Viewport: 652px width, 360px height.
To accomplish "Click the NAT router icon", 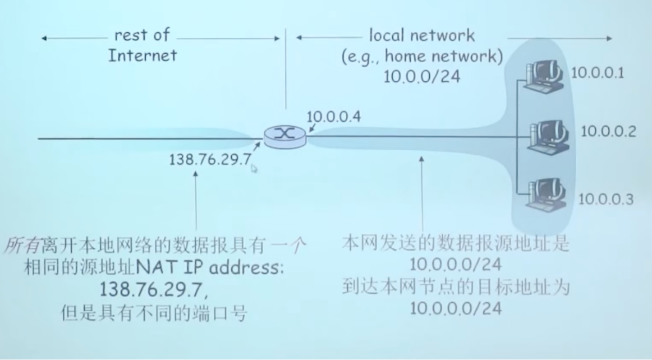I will (x=285, y=136).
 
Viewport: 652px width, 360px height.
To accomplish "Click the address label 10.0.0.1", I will (x=597, y=73).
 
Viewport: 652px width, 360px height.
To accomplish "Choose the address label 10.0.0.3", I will (x=606, y=199).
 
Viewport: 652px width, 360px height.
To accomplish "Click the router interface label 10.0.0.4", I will (x=334, y=117).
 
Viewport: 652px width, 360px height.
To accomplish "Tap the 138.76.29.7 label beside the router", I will (x=210, y=159).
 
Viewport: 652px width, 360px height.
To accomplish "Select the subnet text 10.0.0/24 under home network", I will (x=422, y=76).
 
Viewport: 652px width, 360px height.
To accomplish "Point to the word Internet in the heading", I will (x=143, y=55).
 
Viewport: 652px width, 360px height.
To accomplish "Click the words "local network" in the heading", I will (x=421, y=35).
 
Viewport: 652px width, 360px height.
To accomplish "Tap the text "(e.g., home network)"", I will (x=422, y=56).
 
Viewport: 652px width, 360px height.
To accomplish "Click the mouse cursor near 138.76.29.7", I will (x=254, y=168).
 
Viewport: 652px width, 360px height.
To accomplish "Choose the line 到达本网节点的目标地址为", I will (x=455, y=289).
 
